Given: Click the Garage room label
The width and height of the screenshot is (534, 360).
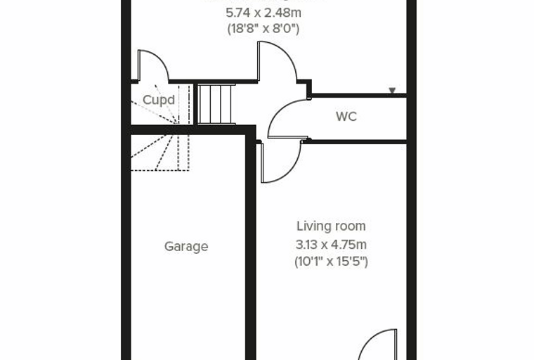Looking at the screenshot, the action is (186, 247).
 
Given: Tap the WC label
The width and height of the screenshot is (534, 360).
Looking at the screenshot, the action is (346, 117).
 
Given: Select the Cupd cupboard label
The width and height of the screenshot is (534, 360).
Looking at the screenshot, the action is (159, 100).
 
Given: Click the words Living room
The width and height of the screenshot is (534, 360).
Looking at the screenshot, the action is (331, 226).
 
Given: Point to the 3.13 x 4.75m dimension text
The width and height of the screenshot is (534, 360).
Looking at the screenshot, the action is (331, 245).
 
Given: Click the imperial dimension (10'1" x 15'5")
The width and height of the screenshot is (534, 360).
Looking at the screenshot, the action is (331, 262).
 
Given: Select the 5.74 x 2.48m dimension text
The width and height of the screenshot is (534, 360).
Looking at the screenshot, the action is (263, 13).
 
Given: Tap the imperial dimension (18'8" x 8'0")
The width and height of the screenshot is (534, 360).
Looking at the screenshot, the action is (263, 29).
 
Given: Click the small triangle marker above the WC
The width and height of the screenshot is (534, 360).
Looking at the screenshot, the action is (392, 90).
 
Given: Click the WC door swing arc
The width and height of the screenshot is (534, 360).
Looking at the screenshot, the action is (276, 111).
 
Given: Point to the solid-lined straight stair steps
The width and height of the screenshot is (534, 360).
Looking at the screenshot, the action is (216, 104).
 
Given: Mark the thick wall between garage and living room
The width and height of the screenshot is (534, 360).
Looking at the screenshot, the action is (250, 245).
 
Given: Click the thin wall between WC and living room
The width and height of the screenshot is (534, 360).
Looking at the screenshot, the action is (354, 141).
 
